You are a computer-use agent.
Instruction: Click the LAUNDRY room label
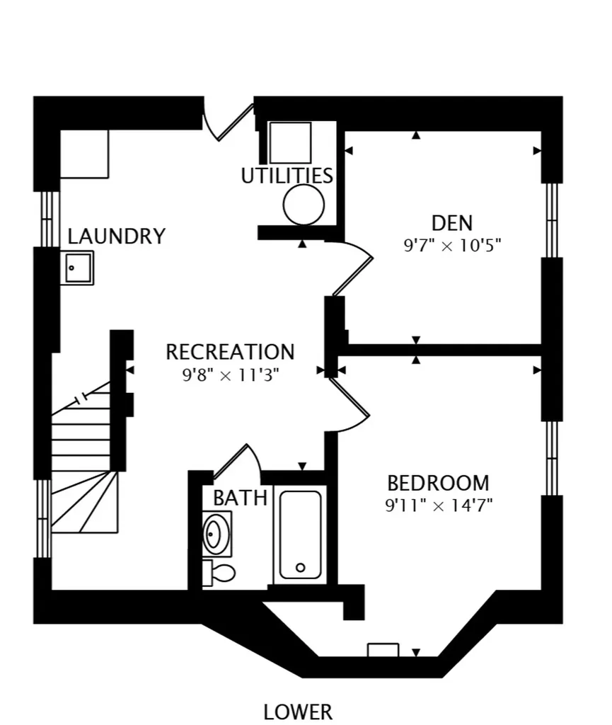117,236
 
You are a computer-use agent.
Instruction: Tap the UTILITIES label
287,176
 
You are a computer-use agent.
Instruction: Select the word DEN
451,223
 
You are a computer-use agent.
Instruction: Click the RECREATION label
230,352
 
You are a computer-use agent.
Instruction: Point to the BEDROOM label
438,483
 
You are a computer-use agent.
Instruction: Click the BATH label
240,498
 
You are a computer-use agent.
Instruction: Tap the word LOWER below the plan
298,712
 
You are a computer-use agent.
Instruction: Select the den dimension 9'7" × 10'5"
452,245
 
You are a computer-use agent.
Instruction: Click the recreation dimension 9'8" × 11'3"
231,375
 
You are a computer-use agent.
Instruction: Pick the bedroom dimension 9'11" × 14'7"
439,505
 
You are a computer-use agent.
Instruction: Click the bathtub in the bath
300,535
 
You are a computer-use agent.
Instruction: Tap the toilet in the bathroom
219,573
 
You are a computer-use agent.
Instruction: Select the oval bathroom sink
216,534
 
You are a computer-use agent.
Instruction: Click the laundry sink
77,268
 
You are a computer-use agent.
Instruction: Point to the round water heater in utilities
304,205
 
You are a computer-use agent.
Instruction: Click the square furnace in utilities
290,143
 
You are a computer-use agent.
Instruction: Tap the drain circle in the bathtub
300,567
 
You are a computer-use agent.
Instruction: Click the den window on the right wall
552,220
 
